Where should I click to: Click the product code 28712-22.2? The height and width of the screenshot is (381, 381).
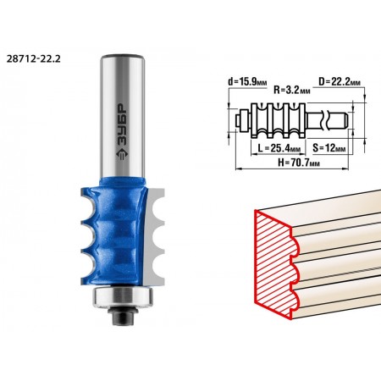click(33, 58)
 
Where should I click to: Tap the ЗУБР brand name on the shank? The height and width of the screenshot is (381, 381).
click(122, 124)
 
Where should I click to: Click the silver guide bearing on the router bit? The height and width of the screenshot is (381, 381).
click(123, 296)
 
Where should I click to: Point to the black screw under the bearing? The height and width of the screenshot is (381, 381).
click(123, 316)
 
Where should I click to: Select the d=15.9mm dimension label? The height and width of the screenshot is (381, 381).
click(247, 82)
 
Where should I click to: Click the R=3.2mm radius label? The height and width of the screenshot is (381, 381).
click(292, 90)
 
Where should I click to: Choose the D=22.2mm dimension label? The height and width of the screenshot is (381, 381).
click(340, 81)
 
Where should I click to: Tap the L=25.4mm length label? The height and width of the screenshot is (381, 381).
click(279, 148)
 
